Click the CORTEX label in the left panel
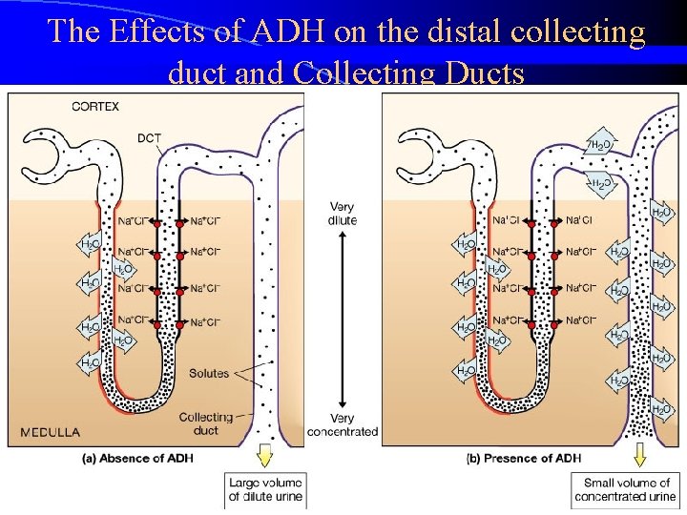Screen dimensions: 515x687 [95, 107]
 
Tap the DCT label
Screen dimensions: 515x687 [150, 138]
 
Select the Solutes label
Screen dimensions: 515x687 [209, 373]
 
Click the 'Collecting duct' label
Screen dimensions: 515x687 [206, 423]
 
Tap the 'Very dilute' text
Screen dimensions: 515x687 [342, 213]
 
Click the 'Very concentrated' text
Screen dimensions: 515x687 [342, 424]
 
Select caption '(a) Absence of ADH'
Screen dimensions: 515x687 [137, 458]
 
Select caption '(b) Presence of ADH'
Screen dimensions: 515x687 [525, 458]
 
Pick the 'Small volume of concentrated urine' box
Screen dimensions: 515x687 [625, 489]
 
